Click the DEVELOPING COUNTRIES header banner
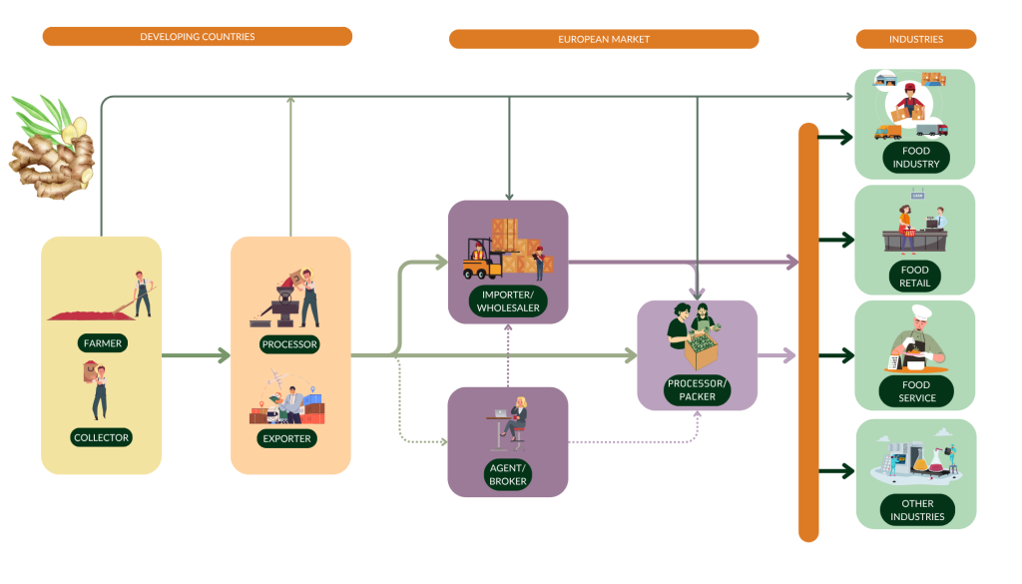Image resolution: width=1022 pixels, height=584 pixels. (197, 37)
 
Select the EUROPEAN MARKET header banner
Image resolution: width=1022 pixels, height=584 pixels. (603, 39)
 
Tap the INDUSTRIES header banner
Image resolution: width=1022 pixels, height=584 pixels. (915, 39)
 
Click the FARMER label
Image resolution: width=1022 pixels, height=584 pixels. (102, 343)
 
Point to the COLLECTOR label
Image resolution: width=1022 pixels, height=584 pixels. (102, 437)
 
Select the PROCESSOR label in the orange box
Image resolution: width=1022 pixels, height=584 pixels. (289, 344)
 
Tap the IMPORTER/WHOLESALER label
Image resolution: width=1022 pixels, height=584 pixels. (507, 301)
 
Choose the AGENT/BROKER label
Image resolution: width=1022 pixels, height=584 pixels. (507, 474)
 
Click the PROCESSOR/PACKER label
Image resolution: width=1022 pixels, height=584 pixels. (698, 389)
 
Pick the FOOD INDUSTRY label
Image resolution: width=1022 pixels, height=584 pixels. (915, 157)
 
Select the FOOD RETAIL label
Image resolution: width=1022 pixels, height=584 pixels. (915, 276)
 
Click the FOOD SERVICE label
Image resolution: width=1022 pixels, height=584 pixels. (915, 391)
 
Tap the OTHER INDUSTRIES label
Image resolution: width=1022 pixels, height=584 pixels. (915, 510)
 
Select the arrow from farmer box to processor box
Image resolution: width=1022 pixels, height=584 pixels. (196, 354)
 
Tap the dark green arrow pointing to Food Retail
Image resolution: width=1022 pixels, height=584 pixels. (835, 240)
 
